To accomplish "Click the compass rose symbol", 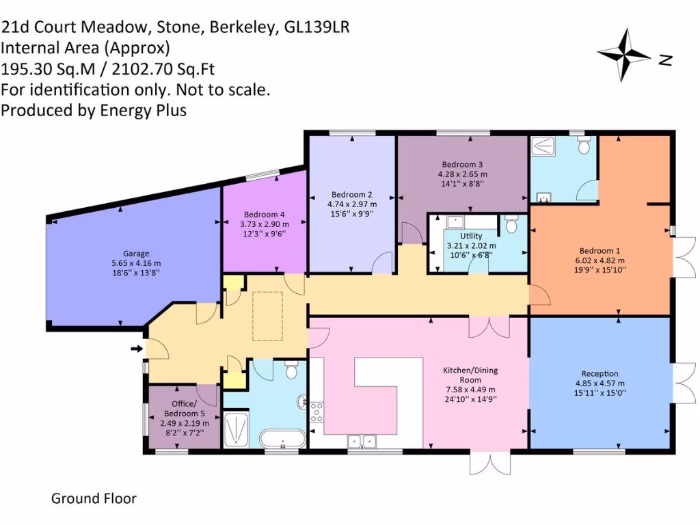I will [623, 55].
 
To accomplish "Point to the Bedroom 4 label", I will [264, 215].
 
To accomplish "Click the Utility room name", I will [471, 236].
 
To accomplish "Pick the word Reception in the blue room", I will [600, 373].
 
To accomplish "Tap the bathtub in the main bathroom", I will [282, 437].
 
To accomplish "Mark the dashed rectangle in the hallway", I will [267, 316].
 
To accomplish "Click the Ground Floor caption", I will [94, 498].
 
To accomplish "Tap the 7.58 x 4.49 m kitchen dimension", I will [470, 390].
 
